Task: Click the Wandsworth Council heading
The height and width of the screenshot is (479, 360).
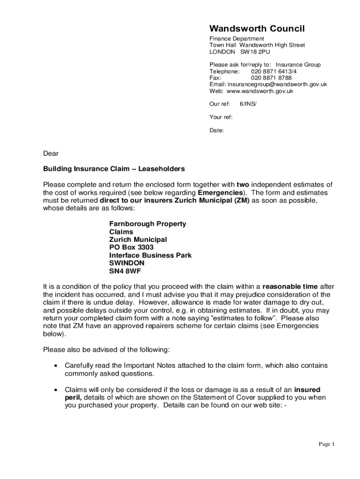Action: click(257, 29)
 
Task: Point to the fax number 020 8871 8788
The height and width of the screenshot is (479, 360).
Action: click(271, 78)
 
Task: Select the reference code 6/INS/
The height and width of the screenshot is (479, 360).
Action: click(248, 104)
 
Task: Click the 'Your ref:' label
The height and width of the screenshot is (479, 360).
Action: click(221, 117)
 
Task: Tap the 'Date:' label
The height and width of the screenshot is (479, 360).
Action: click(216, 131)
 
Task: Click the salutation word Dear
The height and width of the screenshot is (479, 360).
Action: click(51, 153)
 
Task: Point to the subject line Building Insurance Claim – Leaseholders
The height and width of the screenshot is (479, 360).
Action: click(114, 169)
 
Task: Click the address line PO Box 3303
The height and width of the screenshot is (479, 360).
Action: click(131, 247)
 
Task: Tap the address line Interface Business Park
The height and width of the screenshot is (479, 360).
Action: click(150, 255)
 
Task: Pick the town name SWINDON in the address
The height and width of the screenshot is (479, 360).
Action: click(127, 263)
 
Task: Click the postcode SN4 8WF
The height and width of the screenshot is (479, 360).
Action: click(125, 271)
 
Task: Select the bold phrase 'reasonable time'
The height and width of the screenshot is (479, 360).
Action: click(290, 286)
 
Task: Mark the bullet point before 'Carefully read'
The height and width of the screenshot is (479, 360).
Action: click(56, 366)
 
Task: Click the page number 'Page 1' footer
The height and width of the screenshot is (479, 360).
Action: click(327, 444)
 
